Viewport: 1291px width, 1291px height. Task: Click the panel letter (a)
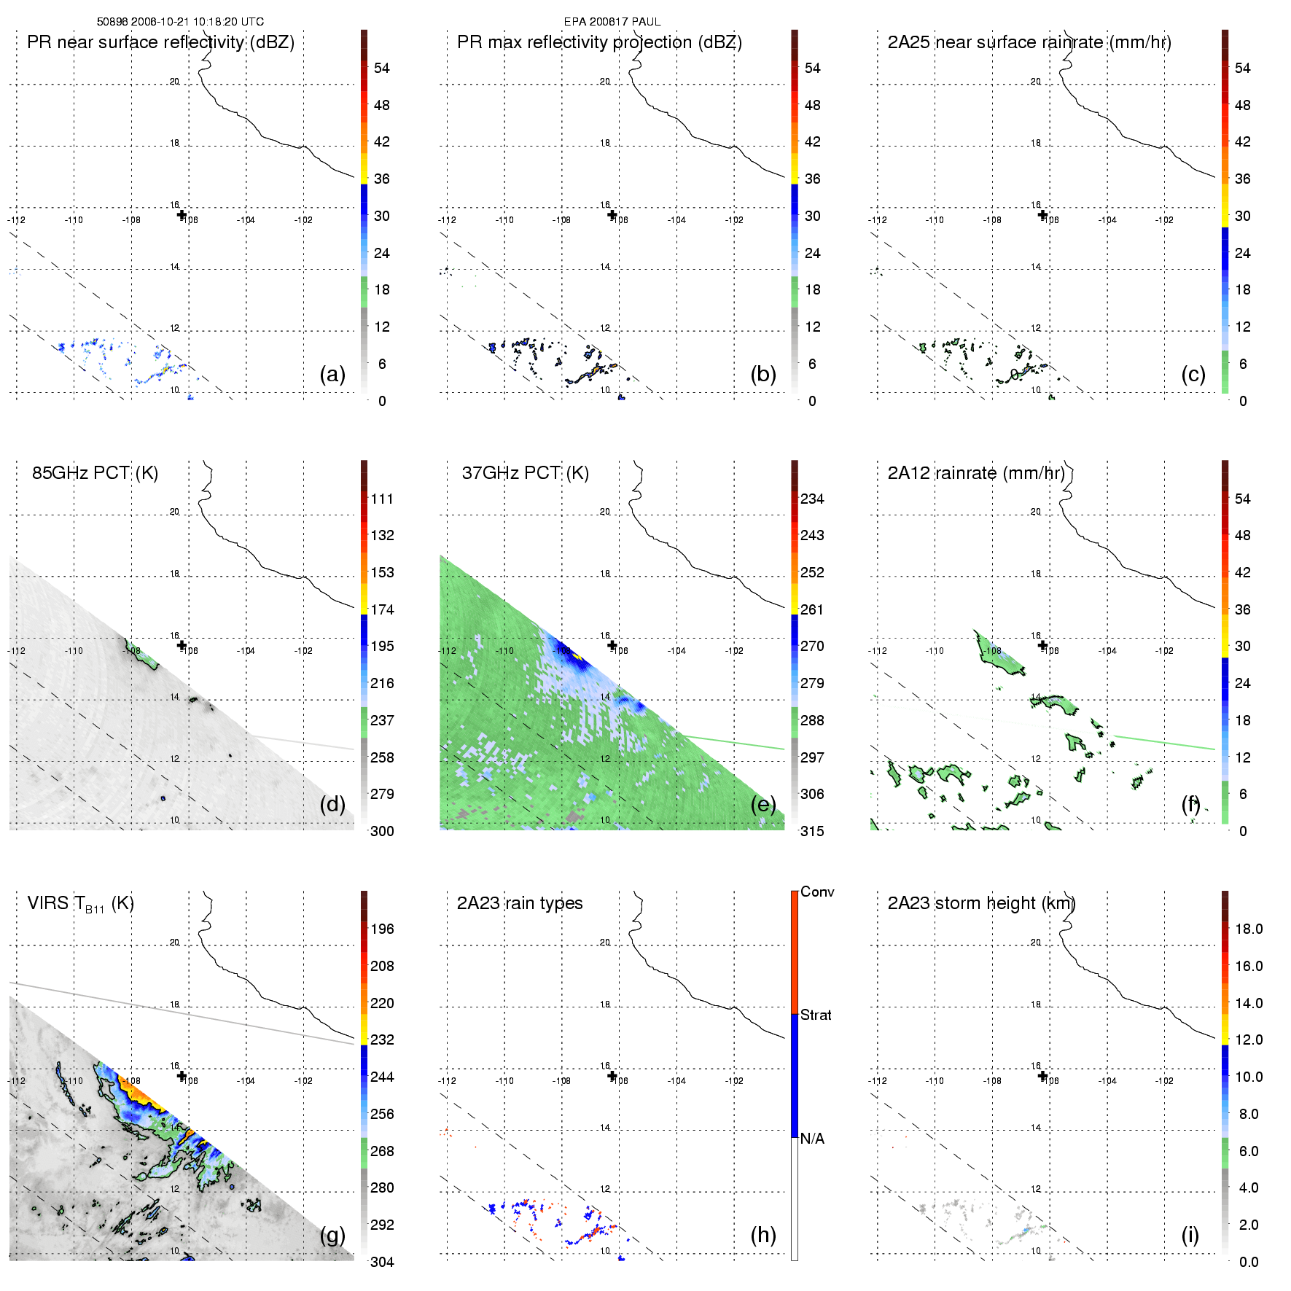332,375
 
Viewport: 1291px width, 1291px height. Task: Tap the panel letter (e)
762,805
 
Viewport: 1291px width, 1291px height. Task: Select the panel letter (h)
762,1235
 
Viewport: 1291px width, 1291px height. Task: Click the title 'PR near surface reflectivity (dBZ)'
160,42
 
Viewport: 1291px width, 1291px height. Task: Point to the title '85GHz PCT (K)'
95,473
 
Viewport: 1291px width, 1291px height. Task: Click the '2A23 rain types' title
519,903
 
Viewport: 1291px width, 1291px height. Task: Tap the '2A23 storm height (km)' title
980,903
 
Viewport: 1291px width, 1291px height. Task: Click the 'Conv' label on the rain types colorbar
817,892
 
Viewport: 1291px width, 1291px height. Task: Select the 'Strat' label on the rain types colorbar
816,1015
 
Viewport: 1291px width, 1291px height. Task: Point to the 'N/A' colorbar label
812,1139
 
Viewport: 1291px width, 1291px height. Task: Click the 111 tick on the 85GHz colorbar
382,499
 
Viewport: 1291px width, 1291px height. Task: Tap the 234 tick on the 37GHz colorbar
812,499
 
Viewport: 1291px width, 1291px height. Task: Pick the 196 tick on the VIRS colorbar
382,929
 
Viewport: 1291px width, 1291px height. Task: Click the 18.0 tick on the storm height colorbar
1248,929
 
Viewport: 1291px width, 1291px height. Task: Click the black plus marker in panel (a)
182,214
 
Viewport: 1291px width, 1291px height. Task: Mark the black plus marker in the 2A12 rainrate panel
1042,645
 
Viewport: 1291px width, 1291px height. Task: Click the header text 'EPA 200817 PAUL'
612,22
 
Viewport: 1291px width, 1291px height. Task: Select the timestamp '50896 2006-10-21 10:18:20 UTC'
180,22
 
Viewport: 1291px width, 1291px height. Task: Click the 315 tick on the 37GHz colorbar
812,831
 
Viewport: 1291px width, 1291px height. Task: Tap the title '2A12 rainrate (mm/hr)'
976,473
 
